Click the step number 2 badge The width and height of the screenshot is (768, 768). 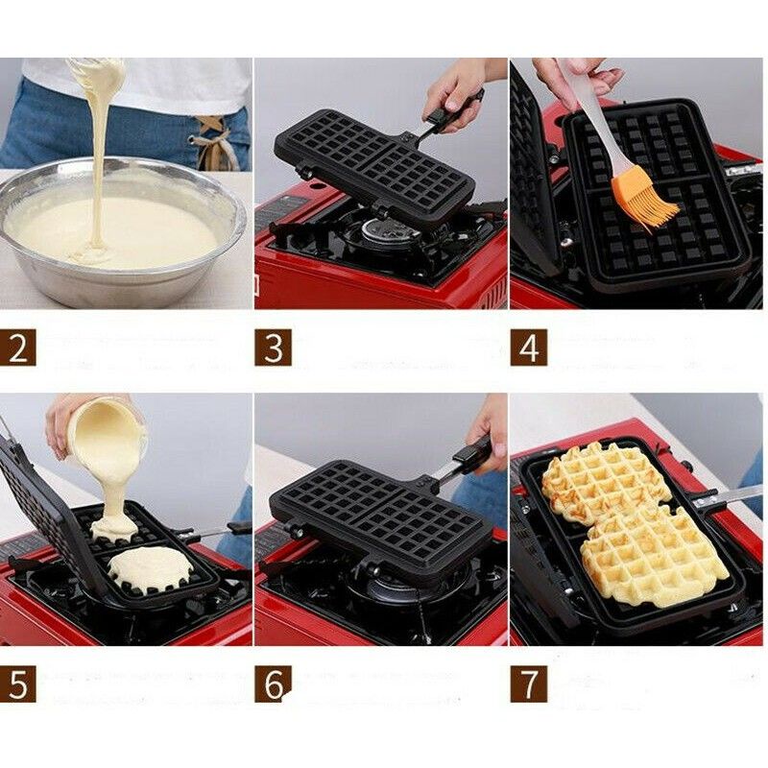[18, 347]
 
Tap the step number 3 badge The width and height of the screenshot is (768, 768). [274, 347]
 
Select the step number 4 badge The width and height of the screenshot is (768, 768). [529, 347]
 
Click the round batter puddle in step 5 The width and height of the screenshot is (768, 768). [149, 568]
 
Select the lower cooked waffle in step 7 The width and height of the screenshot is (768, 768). [653, 557]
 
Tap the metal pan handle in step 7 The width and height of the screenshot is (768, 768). [730, 495]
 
